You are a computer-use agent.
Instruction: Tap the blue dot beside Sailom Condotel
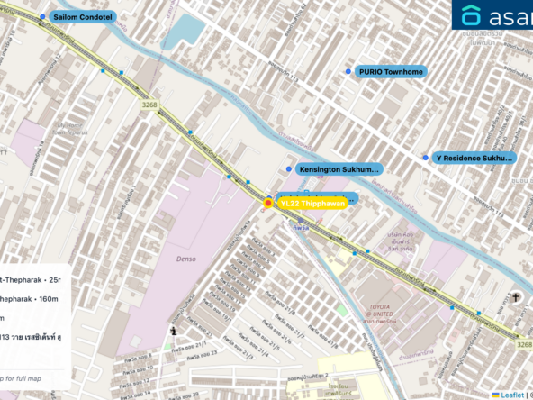pyautogui.click(x=42, y=16)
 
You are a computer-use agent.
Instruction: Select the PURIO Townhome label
pyautogui.click(x=391, y=71)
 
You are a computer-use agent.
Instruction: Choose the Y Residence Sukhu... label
pyautogui.click(x=474, y=158)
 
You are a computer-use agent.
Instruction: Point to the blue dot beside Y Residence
pyautogui.click(x=426, y=158)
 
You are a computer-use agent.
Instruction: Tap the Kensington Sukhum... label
pyautogui.click(x=339, y=168)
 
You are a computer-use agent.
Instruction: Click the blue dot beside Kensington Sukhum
pyautogui.click(x=289, y=168)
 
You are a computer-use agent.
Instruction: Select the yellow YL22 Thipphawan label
pyautogui.click(x=312, y=205)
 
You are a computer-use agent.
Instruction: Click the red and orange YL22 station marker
pyautogui.click(x=268, y=205)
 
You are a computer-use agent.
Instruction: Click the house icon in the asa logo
pyautogui.click(x=471, y=15)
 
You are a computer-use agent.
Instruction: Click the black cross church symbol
pyautogui.click(x=517, y=297)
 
